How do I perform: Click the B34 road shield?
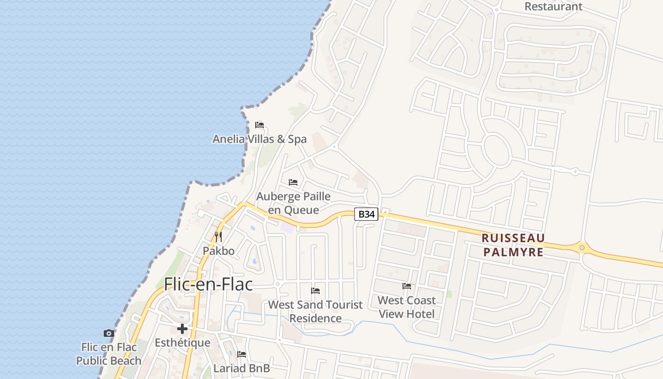click(x=367, y=214)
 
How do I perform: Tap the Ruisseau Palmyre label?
click(x=513, y=245)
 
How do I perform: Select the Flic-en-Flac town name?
click(x=208, y=284)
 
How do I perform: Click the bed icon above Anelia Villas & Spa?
click(x=260, y=125)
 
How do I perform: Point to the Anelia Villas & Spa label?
click(x=260, y=139)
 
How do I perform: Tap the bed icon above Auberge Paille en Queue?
click(x=293, y=182)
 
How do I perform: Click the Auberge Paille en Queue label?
click(x=294, y=203)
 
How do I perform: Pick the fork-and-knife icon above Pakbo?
click(x=218, y=236)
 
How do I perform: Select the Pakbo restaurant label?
click(x=219, y=251)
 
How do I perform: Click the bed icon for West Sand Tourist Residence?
click(x=315, y=290)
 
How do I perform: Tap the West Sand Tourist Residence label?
click(x=315, y=311)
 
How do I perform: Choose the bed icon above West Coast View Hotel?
click(x=407, y=286)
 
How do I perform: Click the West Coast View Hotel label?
click(x=407, y=307)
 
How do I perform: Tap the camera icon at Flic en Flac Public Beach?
click(x=109, y=333)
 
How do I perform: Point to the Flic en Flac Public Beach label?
click(x=109, y=354)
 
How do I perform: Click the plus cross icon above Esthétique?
click(x=182, y=329)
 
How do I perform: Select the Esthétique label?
click(x=182, y=343)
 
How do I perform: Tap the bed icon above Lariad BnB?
click(x=242, y=354)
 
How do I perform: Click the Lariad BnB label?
click(x=242, y=368)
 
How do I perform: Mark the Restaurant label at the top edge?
click(x=554, y=7)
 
